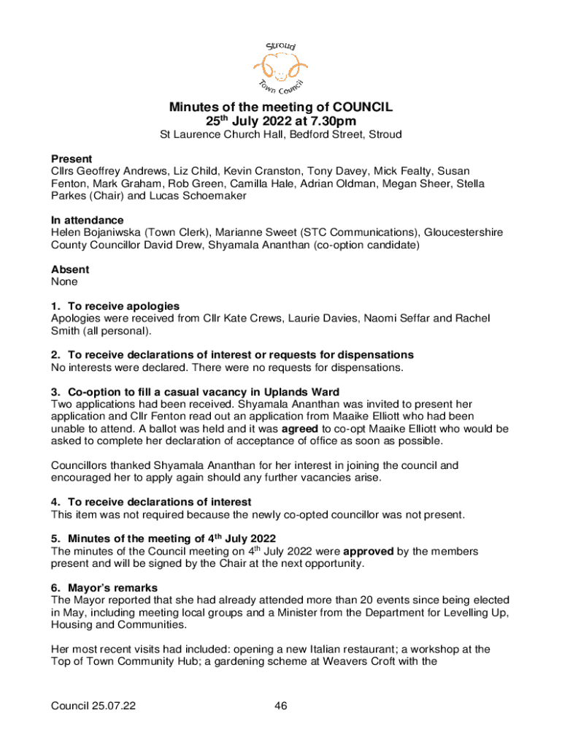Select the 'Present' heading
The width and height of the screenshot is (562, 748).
72,159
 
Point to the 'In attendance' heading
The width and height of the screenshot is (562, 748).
87,220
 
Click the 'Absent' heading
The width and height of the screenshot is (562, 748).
70,270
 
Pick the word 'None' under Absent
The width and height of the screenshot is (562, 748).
64,281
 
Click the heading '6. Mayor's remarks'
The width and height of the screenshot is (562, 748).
104,587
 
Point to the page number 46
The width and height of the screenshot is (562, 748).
281,706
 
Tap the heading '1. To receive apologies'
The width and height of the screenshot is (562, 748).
115,305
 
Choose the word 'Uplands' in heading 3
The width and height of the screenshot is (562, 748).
280,392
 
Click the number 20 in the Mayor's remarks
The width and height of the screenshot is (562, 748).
331,600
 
